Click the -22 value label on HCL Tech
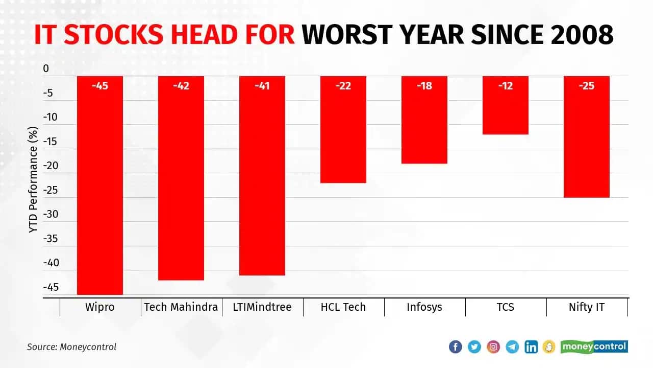click(343, 86)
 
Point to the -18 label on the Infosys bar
click(424, 86)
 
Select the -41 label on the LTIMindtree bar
click(262, 86)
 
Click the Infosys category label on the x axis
click(424, 307)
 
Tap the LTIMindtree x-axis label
click(262, 307)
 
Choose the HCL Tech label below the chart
click(343, 307)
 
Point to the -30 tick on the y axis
click(51, 214)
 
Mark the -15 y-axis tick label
click(51, 142)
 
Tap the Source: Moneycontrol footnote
click(71, 347)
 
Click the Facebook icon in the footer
click(455, 347)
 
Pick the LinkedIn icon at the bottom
click(531, 347)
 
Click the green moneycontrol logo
click(594, 347)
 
